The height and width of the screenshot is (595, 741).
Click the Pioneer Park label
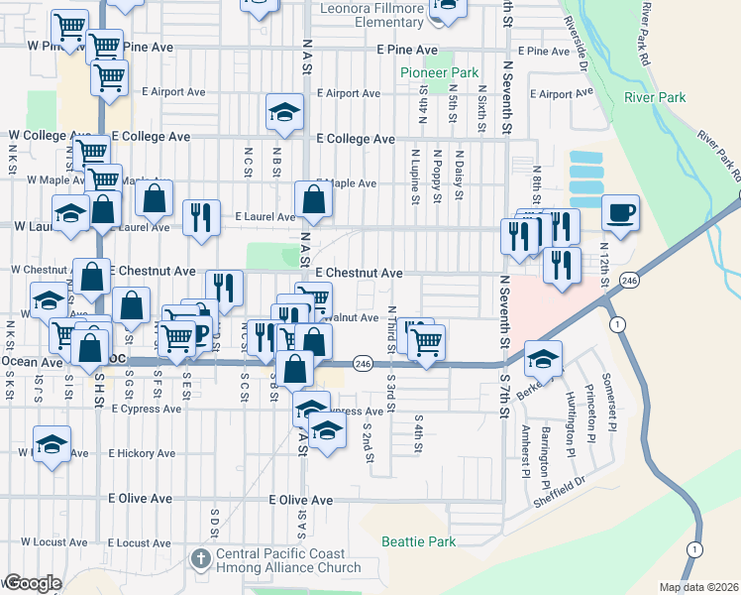(x=439, y=72)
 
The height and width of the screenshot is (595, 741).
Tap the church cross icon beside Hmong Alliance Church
(x=203, y=558)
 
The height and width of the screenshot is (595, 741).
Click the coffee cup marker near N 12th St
(x=620, y=213)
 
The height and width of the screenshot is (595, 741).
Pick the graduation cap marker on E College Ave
(x=284, y=112)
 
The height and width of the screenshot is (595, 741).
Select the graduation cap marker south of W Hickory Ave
(x=52, y=445)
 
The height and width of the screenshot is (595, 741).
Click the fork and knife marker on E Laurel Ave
(x=202, y=218)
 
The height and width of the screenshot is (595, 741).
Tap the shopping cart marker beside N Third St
(x=426, y=342)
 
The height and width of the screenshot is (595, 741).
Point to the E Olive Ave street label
(x=306, y=501)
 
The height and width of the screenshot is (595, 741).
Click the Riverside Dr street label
(x=576, y=45)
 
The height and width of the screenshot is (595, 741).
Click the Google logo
(x=33, y=582)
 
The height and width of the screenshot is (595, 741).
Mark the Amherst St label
(x=524, y=450)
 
